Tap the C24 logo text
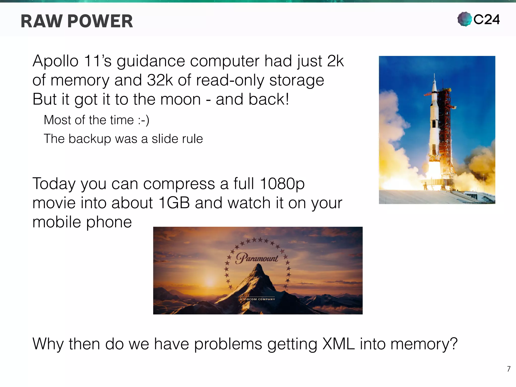[486, 19]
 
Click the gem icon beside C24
[464, 19]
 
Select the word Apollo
[55, 61]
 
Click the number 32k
[160, 80]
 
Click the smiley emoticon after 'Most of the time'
[144, 120]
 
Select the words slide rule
[177, 139]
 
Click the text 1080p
[282, 184]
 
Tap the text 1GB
[174, 203]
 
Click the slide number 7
[508, 369]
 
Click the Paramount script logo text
[257, 258]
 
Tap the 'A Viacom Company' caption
[257, 299]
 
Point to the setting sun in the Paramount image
[210, 281]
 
